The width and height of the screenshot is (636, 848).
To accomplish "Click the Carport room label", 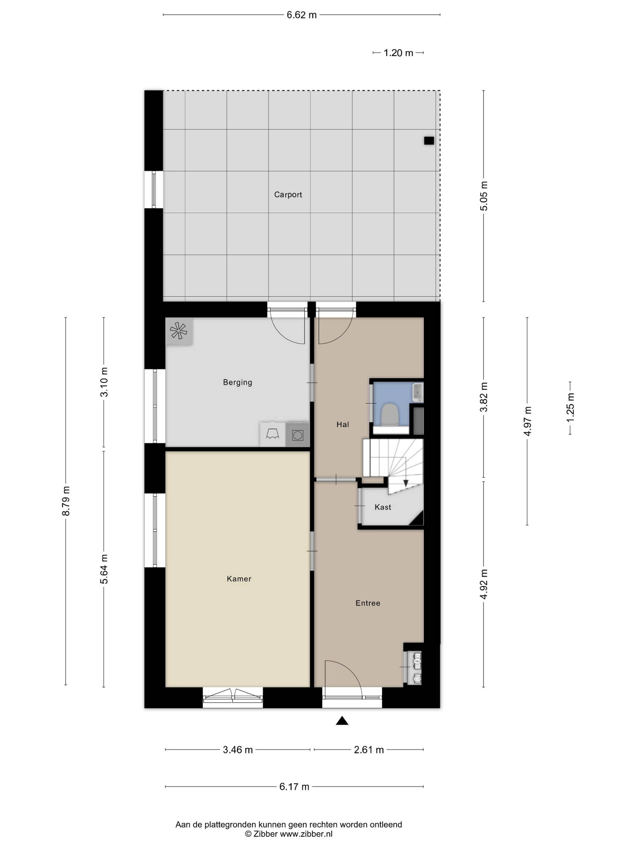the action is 288,195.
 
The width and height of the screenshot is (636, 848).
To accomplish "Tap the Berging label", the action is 238,382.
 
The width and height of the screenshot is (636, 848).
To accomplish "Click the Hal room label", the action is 343,424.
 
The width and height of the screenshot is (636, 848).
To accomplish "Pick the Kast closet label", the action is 383,507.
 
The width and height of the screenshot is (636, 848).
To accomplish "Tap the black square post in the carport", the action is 429,141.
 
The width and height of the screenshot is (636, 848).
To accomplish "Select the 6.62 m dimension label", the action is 302,15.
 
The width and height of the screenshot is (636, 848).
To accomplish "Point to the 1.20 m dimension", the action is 398,53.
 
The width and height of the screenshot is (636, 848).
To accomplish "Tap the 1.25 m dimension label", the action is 571,408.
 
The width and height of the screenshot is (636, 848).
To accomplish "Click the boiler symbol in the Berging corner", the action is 179,331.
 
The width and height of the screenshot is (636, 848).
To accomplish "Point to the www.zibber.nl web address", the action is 306,834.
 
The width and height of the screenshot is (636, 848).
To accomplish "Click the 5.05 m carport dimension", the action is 484,196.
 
